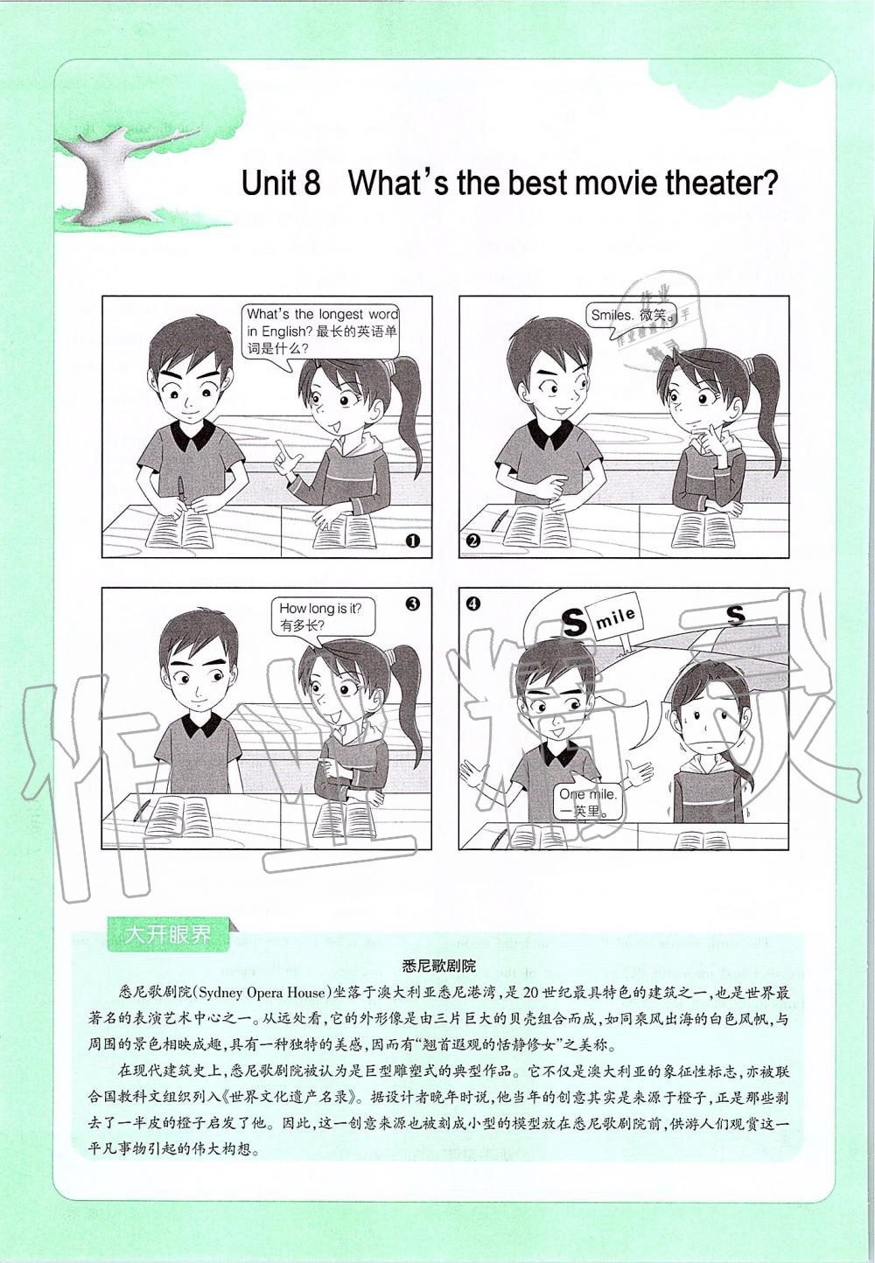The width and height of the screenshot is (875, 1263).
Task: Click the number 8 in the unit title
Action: point(311,184)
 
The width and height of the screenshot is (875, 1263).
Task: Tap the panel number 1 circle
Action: point(413,541)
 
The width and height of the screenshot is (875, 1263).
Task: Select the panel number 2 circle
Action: point(473,541)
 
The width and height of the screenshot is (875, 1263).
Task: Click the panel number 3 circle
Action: point(413,604)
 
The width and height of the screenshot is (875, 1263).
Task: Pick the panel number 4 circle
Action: point(473,604)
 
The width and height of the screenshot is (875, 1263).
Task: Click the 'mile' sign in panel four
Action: point(615,618)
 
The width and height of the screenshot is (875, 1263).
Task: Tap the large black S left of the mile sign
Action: point(574,621)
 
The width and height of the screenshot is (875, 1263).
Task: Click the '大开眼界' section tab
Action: point(167,934)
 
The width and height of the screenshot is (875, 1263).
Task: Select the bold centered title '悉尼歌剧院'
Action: point(438,966)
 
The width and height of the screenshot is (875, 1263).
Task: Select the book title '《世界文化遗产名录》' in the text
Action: point(290,1097)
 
